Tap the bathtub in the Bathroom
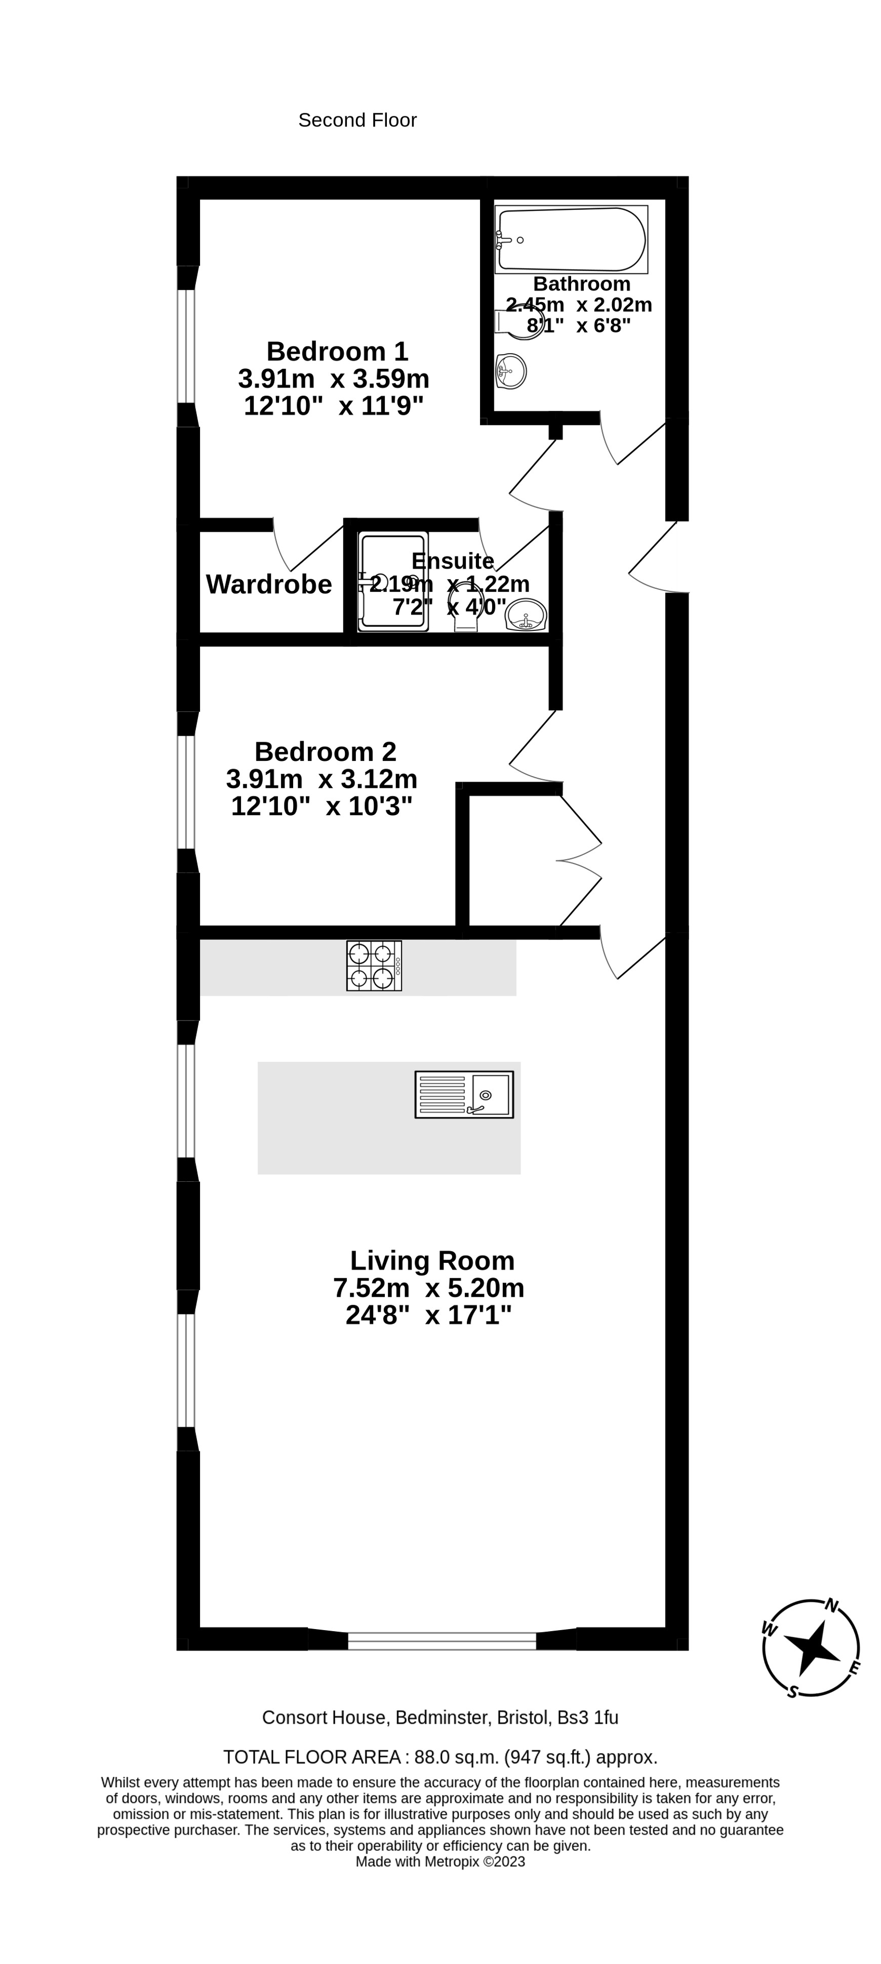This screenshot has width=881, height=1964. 571,239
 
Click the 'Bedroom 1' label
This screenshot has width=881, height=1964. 337,352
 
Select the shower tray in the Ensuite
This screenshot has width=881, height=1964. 393,582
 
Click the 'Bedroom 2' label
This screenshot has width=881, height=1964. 325,752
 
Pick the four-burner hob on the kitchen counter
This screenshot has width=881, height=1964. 374,965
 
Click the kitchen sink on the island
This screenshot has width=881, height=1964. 464,1094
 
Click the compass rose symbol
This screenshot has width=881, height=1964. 811,1648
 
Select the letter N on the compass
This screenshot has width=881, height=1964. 832,1606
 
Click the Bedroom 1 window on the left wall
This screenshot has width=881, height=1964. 186,346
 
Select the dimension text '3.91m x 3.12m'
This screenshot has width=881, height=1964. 322,779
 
